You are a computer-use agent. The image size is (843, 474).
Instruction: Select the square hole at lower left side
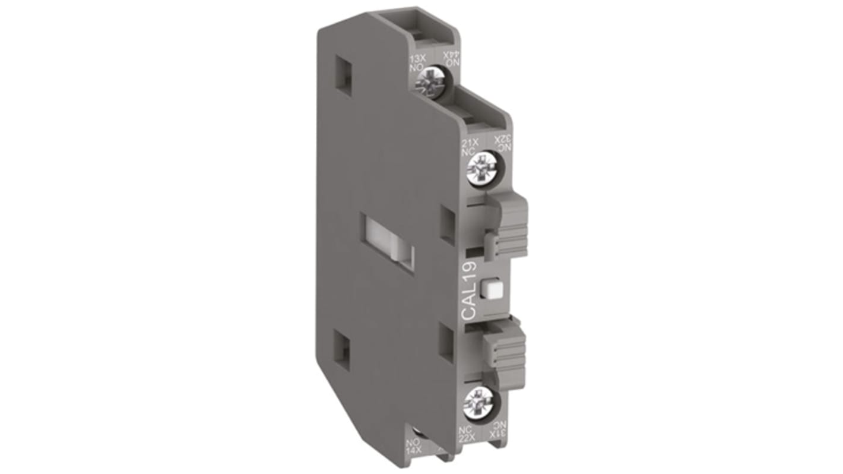tap(343, 346)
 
